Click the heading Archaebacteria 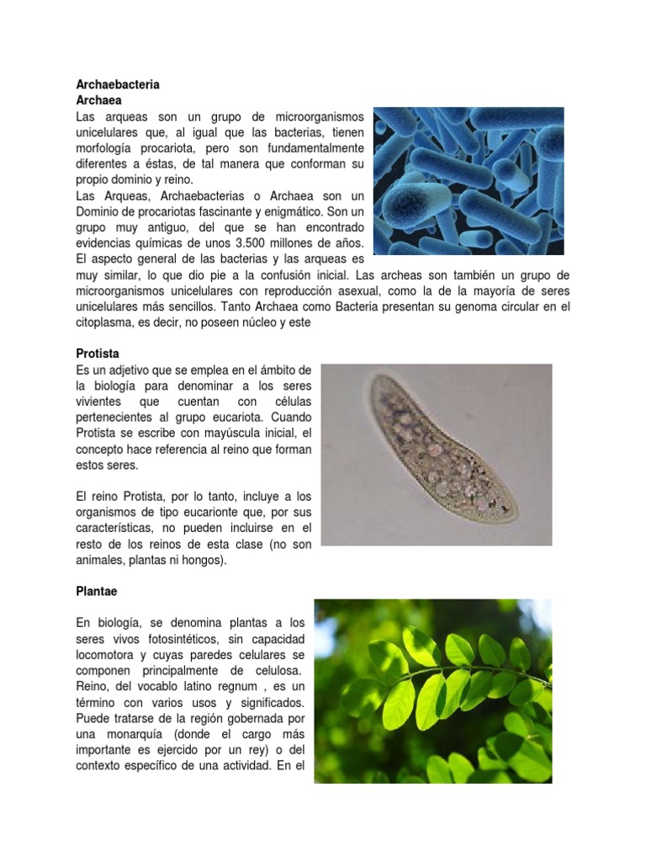(118, 85)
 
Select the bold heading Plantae (98, 592)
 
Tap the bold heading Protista (98, 354)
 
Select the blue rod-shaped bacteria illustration (468, 180)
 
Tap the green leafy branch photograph (432, 691)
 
